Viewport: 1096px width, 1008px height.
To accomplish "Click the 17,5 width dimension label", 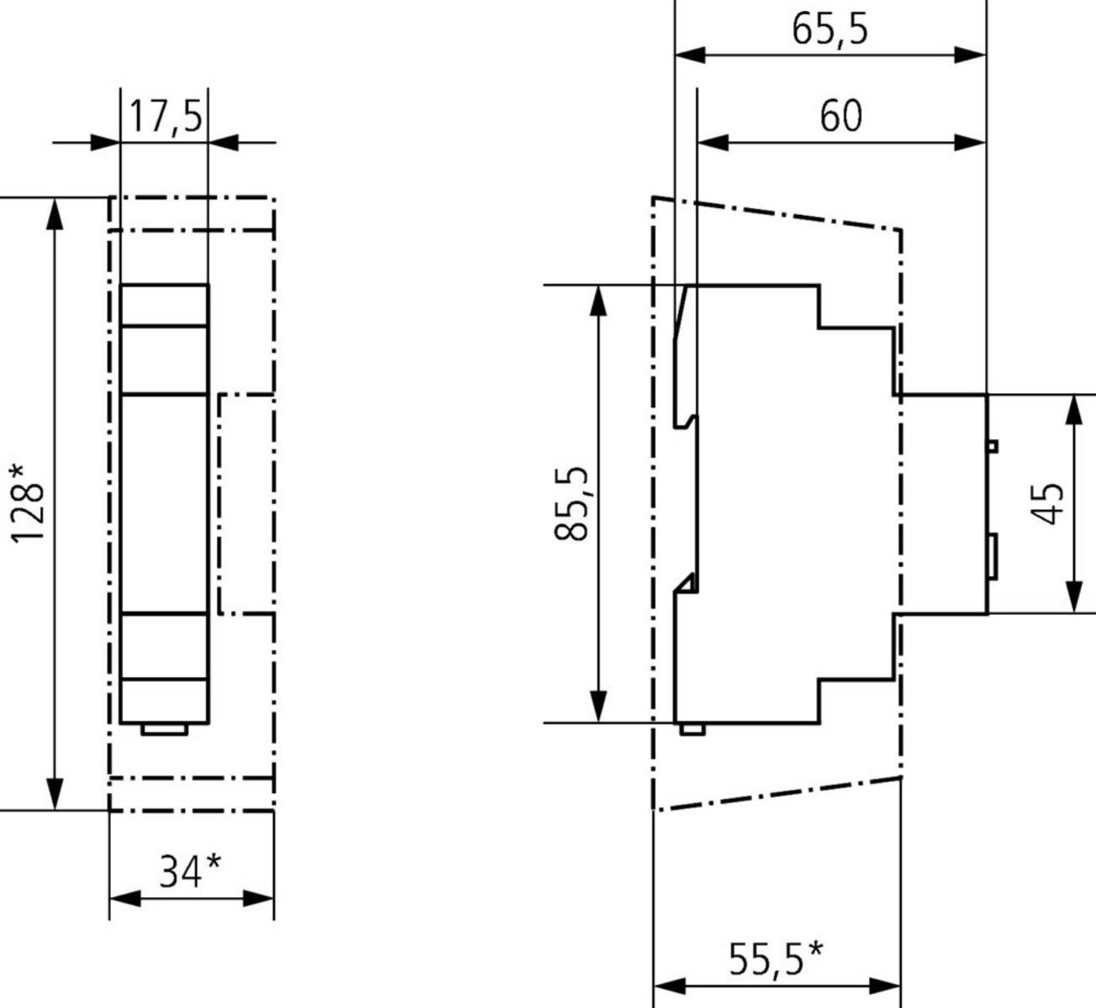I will [165, 116].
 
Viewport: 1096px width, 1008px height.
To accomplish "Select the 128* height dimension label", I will [27, 502].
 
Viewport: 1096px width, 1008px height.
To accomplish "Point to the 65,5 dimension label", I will [830, 29].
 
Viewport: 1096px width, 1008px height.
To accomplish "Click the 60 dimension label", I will [840, 116].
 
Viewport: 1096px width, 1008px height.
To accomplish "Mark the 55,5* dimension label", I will [775, 959].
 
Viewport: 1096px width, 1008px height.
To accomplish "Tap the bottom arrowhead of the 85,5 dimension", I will [598, 706].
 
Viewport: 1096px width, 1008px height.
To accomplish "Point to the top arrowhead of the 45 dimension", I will [1074, 409].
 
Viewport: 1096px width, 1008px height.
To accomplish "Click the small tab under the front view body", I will [165, 729].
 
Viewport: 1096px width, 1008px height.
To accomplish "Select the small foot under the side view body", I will [692, 728].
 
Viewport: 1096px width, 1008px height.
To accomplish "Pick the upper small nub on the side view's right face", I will [993, 445].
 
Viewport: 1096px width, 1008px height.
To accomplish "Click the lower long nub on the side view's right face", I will [993, 556].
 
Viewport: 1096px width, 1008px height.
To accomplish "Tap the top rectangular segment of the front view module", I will [165, 305].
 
